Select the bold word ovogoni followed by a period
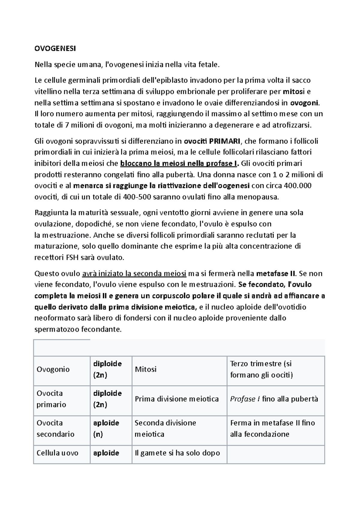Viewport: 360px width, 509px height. pyautogui.click(x=305, y=103)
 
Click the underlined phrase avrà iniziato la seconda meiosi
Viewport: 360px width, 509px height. pyautogui.click(x=134, y=273)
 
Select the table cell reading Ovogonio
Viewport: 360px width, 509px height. pyautogui.click(x=53, y=369)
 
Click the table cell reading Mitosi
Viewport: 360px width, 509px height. pyautogui.click(x=146, y=369)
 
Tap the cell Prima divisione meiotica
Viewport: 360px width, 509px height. pyautogui.click(x=177, y=399)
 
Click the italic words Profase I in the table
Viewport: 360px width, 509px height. pyautogui.click(x=245, y=399)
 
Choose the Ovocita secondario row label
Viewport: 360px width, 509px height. pyautogui.click(x=51, y=428)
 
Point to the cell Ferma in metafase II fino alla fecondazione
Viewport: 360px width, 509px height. pyautogui.click(x=272, y=428)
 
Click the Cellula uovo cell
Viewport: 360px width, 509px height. pyautogui.click(x=57, y=453)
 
